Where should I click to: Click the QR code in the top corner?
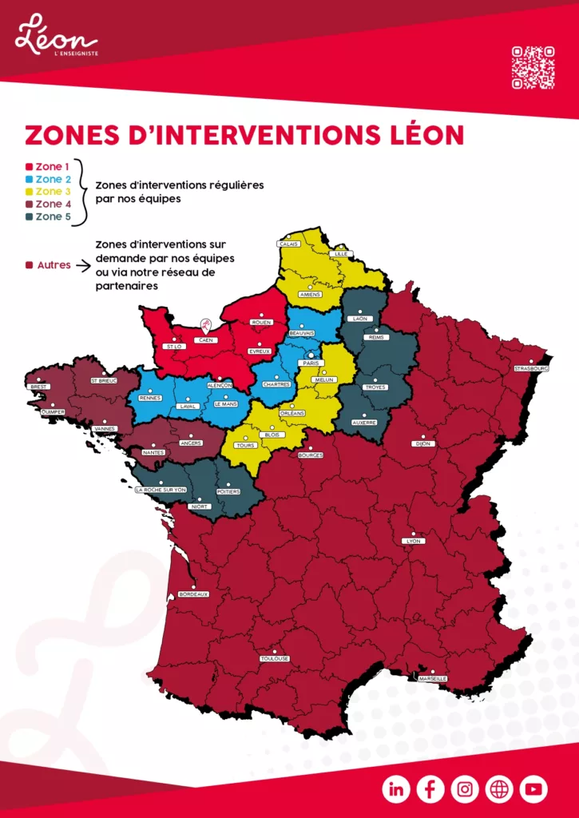(533, 68)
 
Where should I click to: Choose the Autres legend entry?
(49, 264)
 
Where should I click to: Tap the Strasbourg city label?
(531, 368)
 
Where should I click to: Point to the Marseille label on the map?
(432, 678)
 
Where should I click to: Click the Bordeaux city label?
(193, 594)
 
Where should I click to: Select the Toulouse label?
(274, 658)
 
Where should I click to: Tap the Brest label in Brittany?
(38, 387)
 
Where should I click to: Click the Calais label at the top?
(288, 244)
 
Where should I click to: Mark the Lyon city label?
(414, 541)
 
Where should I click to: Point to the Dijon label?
(422, 443)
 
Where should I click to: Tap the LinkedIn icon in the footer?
(396, 789)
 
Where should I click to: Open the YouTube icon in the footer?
(533, 789)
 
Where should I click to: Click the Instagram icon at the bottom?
(465, 789)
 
